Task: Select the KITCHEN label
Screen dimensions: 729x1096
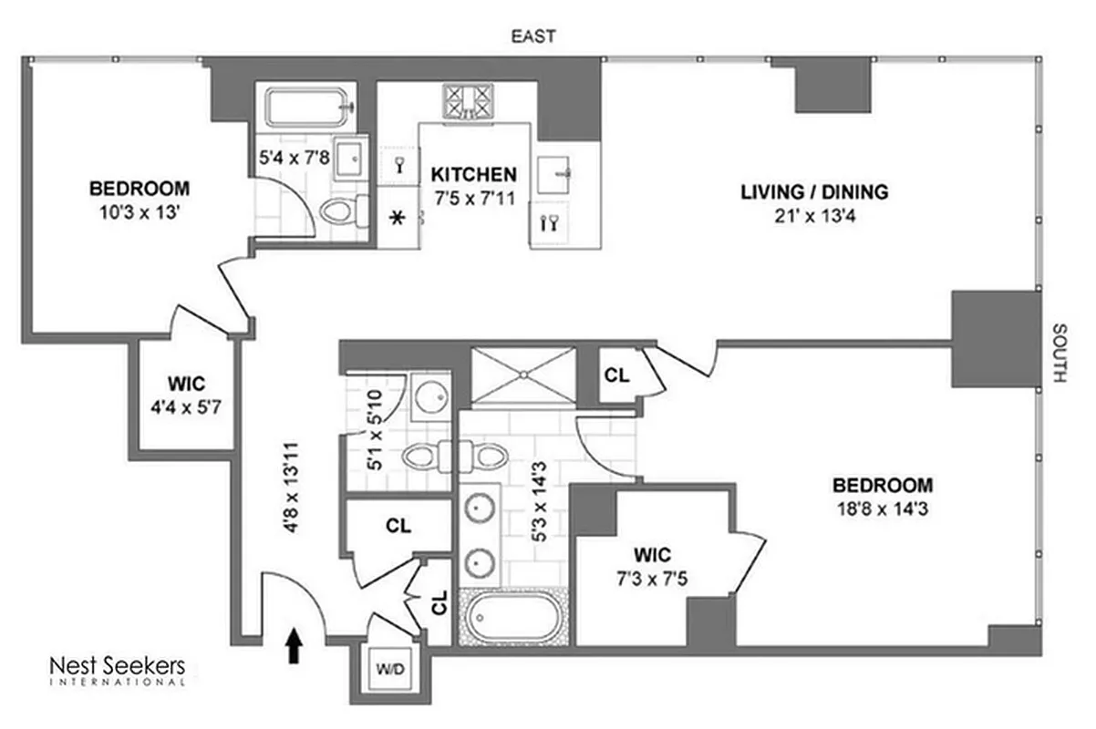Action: coord(473,174)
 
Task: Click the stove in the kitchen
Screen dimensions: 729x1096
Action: coord(468,101)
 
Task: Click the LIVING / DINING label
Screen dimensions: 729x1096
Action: coord(813,192)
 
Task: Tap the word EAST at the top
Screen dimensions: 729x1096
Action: coord(532,36)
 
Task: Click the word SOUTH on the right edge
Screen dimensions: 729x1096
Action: coord(1059,353)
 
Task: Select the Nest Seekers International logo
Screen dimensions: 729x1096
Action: coord(117,670)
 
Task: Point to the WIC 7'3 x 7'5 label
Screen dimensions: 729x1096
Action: coord(653,565)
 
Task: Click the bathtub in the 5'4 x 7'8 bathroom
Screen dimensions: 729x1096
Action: coord(306,107)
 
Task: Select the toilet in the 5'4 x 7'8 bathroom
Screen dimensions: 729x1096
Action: coord(342,210)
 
